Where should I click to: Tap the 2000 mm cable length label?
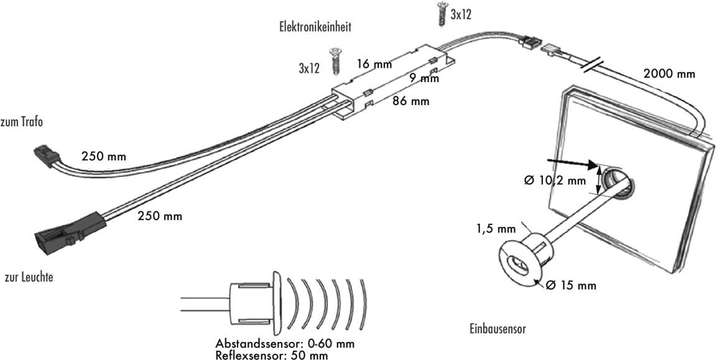(x=668, y=73)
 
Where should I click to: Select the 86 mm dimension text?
(x=410, y=101)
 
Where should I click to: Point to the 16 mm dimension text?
(x=374, y=63)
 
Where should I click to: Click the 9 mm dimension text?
(x=424, y=78)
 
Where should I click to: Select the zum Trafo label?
(x=22, y=122)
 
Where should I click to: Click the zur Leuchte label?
(x=28, y=278)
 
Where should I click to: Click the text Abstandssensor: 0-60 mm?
(x=285, y=344)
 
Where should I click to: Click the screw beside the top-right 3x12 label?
(x=442, y=14)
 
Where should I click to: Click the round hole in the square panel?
(x=619, y=183)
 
